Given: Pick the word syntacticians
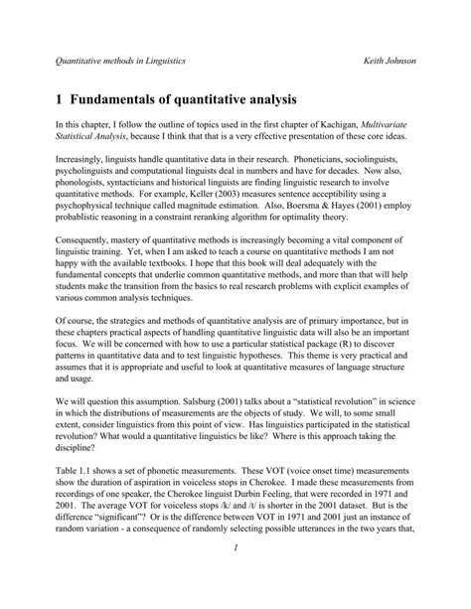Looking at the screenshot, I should pos(138,212).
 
